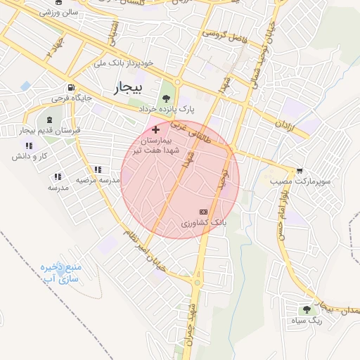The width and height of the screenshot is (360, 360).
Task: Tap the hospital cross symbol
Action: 155,129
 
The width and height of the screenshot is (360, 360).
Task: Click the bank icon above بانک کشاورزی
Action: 204,211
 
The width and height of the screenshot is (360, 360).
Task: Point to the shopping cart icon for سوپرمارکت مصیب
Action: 300,170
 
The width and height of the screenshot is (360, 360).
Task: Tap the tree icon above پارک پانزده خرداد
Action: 167,98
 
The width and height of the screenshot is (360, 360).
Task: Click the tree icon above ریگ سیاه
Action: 307,309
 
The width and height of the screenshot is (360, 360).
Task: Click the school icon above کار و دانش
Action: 28,145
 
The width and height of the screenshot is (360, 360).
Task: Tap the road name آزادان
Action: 283,127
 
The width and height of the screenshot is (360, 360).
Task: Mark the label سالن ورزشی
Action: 59,12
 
